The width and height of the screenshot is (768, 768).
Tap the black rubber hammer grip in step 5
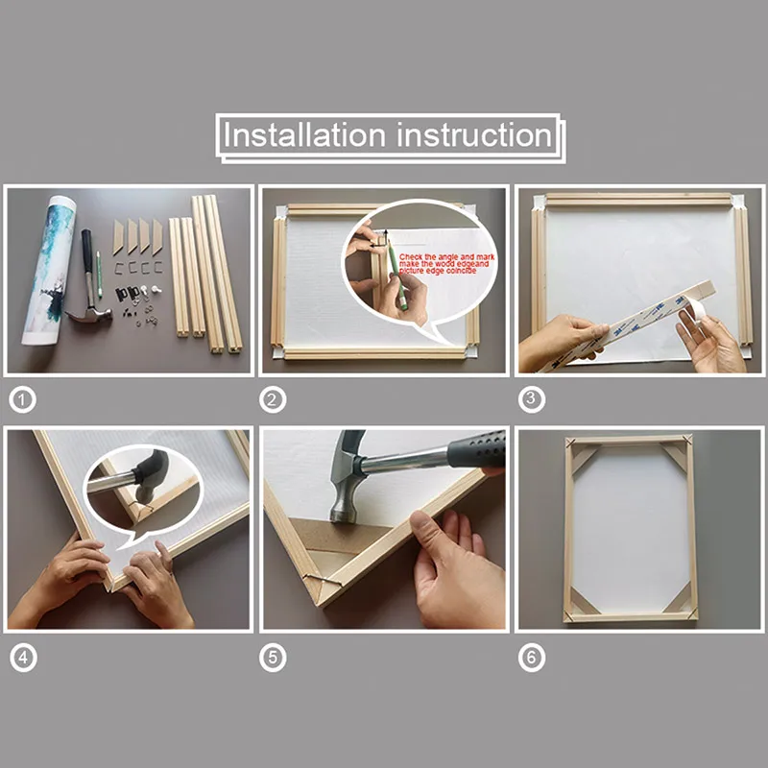(475, 449)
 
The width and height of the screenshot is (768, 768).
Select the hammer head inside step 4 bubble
(151, 469)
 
